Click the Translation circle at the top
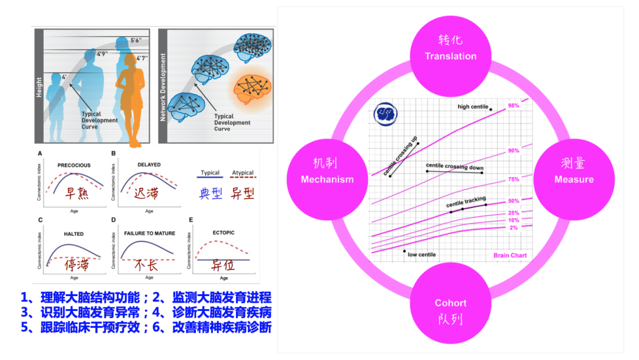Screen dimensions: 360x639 (x=450, y=49)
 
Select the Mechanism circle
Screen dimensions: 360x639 (x=327, y=172)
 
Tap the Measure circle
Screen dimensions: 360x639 (x=573, y=172)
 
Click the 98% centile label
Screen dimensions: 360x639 (x=513, y=105)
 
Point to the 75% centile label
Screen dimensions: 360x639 (x=513, y=179)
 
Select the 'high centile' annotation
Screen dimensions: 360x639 (x=473, y=107)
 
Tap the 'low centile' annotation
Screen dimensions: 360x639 (x=422, y=255)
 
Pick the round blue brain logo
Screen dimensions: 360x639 (x=387, y=114)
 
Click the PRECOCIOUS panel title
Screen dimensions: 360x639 (x=74, y=165)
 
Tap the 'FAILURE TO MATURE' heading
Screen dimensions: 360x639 (x=150, y=234)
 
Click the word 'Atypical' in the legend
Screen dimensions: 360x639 (x=243, y=173)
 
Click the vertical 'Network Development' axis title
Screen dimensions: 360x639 (x=163, y=88)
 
